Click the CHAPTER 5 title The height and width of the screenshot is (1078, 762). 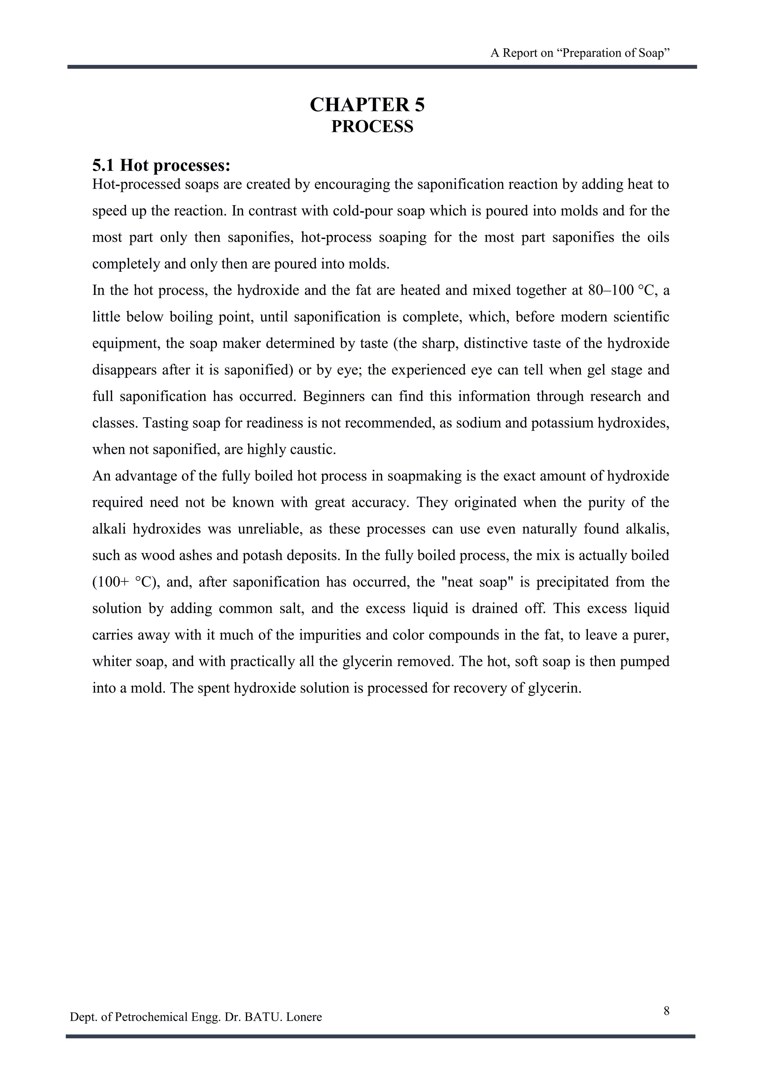(x=367, y=105)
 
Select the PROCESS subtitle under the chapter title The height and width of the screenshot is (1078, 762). (x=372, y=127)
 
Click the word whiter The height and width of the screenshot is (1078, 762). (x=112, y=662)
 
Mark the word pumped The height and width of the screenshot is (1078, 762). (x=645, y=662)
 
